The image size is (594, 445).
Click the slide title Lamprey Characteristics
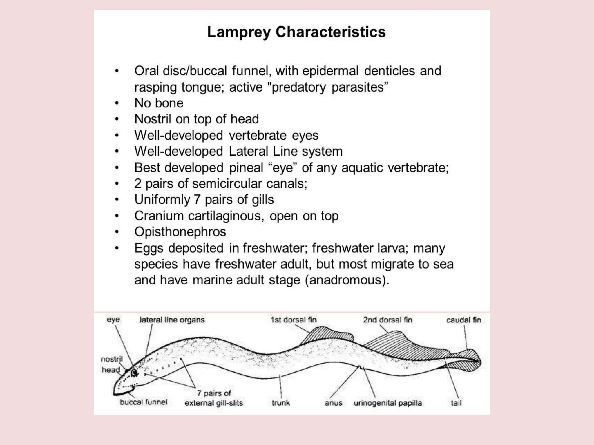pos(296,32)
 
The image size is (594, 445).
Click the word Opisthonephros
pos(180,232)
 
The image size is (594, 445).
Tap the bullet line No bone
pos(159,103)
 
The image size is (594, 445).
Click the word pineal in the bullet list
pos(246,168)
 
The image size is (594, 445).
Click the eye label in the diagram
pos(113,320)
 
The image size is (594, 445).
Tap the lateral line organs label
pos(172,320)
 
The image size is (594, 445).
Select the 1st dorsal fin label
pos(294,320)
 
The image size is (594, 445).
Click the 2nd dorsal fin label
pos(387,320)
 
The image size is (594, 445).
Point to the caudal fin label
pos(463,320)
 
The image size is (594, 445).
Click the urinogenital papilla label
pos(387,403)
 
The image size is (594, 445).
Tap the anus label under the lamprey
pos(333,403)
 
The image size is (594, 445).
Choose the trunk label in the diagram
pos(281,403)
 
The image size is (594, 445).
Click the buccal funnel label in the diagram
pos(144,402)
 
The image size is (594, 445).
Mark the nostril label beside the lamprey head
pos(112,359)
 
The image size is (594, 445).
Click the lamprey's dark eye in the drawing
pos(134,373)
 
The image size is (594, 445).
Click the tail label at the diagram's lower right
pos(456,403)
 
